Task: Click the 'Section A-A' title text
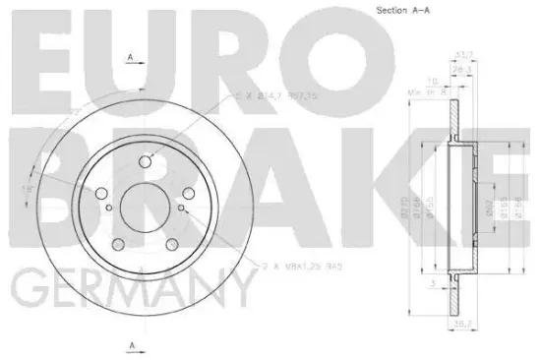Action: click(405, 10)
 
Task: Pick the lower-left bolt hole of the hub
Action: click(118, 244)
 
